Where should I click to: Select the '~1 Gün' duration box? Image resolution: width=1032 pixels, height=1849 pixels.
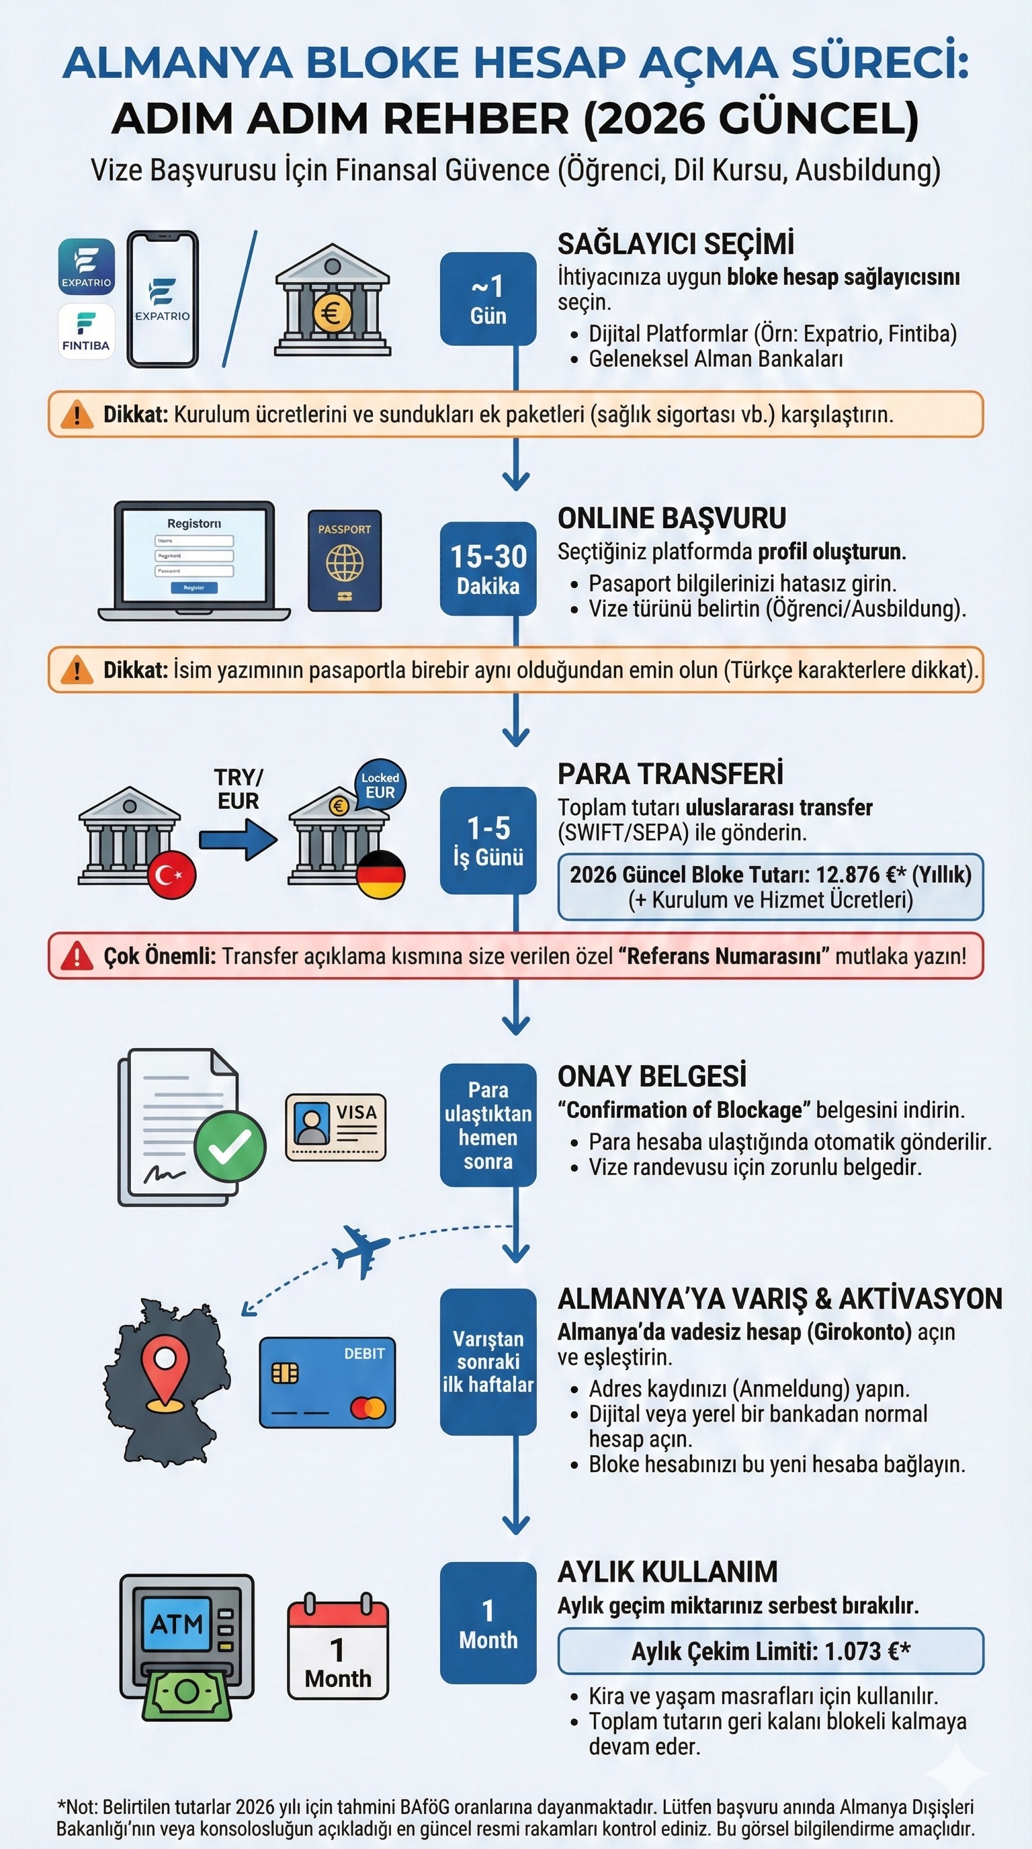tap(488, 298)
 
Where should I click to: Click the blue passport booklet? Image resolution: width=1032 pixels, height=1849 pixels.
tap(345, 560)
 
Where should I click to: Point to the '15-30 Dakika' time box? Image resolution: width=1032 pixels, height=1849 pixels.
tap(488, 569)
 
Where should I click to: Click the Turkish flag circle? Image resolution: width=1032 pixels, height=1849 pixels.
tap(172, 874)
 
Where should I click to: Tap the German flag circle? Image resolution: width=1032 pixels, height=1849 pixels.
tap(381, 874)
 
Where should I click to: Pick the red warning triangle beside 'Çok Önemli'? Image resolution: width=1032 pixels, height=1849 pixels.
tap(77, 956)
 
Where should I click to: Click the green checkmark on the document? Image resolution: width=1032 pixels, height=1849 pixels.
tap(230, 1146)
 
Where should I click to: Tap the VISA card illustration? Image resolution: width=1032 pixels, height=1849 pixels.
tap(336, 1127)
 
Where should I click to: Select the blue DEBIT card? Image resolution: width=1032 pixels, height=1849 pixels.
tap(327, 1382)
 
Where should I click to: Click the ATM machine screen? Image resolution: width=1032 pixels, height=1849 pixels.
tap(177, 1624)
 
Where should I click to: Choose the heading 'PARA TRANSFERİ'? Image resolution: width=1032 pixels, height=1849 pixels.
tap(671, 774)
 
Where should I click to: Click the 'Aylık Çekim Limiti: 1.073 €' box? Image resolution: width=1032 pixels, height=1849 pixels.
tap(771, 1651)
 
